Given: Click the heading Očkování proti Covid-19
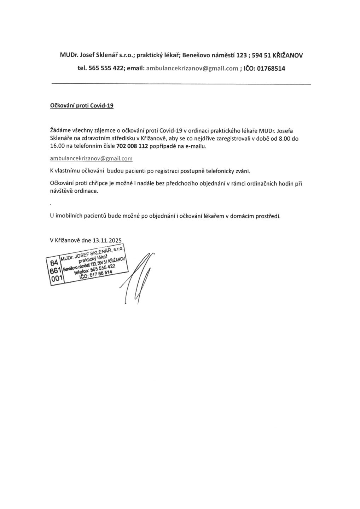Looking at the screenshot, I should click(x=82, y=106).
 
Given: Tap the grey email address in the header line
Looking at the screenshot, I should click(x=192, y=69).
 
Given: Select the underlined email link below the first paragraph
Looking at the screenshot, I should click(x=91, y=159).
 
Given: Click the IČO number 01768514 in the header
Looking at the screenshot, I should click(x=271, y=69).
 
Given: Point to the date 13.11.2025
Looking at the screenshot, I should click(x=107, y=241).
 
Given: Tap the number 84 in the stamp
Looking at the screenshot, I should click(x=54, y=263).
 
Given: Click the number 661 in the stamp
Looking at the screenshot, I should click(x=56, y=270).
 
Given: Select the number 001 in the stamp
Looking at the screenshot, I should click(x=57, y=279).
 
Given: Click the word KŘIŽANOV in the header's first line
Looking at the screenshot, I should click(x=288, y=55).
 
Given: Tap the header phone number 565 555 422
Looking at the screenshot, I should click(x=105, y=69).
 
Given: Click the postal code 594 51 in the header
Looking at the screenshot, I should click(x=261, y=55).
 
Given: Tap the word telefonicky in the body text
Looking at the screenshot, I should click(x=216, y=171).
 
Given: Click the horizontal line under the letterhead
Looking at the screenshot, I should click(x=181, y=84).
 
